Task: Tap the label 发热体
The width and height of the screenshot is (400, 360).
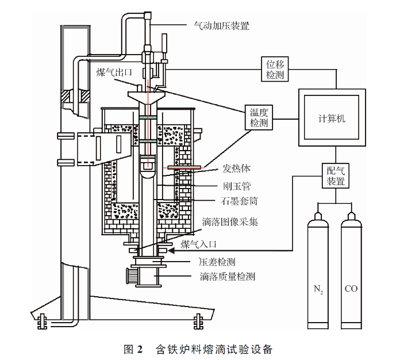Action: (x=234, y=169)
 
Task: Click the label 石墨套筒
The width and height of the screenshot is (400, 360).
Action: (x=239, y=201)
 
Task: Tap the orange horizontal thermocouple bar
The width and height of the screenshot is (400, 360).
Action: (x=181, y=168)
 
